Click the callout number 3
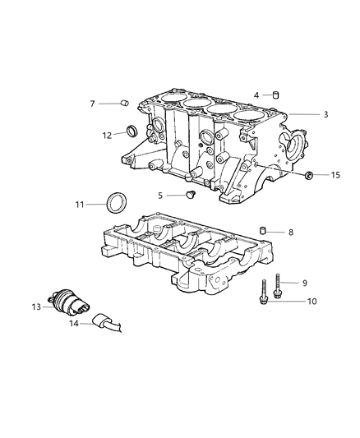click(303, 115)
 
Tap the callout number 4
click(256, 95)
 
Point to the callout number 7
click(93, 104)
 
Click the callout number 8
click(290, 233)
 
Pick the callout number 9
click(304, 283)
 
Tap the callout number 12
click(107, 135)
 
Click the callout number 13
click(36, 307)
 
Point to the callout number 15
click(335, 175)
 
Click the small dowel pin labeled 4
click(276, 95)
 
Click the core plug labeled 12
click(132, 131)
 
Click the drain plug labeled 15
click(311, 174)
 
